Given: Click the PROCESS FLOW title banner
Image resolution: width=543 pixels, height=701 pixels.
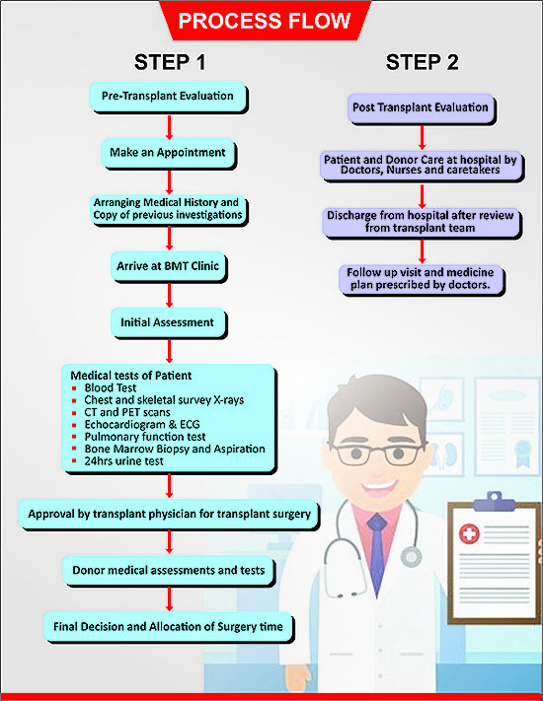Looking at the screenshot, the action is (265, 21).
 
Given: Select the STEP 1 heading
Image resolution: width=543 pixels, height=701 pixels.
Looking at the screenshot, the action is (170, 62).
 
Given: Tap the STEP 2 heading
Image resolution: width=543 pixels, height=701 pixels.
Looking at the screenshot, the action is (423, 62).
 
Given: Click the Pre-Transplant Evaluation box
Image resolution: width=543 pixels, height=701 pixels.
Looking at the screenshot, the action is (169, 97).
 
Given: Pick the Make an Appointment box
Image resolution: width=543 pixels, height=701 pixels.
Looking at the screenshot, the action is (169, 154).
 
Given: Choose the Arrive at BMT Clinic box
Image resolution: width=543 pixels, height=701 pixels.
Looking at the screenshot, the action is (169, 267).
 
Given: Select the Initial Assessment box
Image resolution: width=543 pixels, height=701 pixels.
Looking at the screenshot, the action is (169, 323).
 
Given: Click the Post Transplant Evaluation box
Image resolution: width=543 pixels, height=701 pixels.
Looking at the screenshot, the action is (422, 108).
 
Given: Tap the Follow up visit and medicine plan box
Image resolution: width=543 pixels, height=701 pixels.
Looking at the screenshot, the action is (422, 280).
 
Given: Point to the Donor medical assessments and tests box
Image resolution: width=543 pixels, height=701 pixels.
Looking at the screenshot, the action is (169, 571).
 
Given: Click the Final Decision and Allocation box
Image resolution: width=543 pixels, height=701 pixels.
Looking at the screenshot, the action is (169, 627).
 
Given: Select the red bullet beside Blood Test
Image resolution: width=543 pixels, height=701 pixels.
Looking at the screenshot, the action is (74, 388).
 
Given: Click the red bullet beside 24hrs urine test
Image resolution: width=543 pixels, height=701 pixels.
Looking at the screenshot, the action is (74, 461).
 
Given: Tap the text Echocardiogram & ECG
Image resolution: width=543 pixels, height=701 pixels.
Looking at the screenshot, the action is (142, 424).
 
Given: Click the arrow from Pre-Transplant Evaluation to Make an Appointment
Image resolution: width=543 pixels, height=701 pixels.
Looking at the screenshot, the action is (169, 127).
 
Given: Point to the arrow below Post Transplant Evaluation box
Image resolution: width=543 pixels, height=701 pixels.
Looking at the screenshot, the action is (423, 138).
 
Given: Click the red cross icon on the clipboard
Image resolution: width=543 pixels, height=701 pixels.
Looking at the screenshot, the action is (469, 533).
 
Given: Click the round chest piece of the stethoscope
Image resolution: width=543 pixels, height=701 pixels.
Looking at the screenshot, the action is (411, 557).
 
